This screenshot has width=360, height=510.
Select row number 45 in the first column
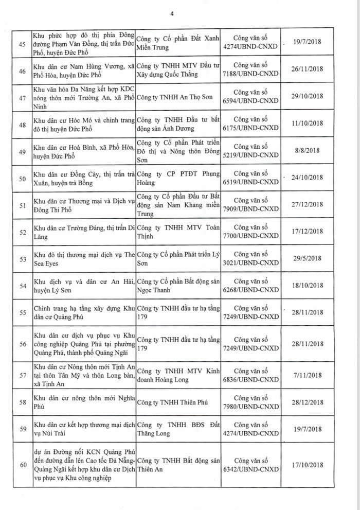click(22, 45)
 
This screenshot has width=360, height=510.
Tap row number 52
click(22, 232)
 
